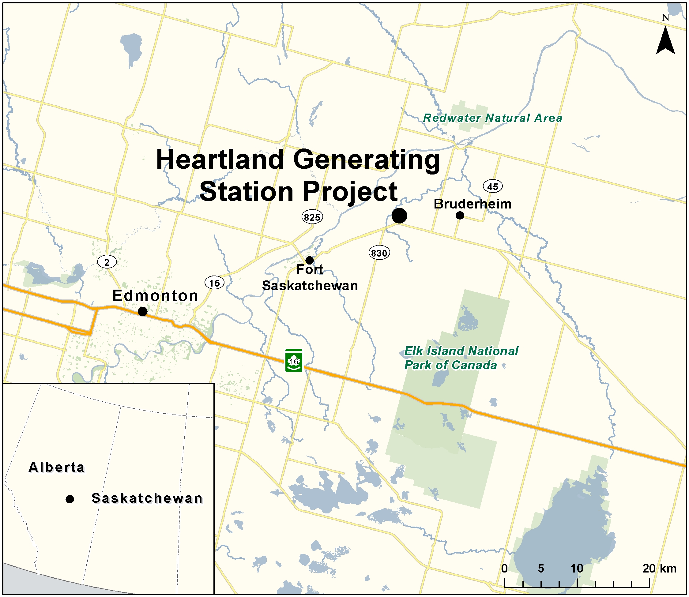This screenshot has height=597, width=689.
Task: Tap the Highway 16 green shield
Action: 294,360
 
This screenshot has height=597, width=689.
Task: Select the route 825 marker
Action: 312,217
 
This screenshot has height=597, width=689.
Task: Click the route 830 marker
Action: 379,253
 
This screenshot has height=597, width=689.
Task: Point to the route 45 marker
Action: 493,186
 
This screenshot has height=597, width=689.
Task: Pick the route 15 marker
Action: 214,283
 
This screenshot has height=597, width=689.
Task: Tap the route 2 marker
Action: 107,262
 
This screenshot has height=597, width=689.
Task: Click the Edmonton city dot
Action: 143,311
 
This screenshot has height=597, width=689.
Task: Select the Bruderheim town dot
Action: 460,215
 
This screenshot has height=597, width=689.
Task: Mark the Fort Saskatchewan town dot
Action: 310,260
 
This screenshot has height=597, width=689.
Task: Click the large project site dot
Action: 399,216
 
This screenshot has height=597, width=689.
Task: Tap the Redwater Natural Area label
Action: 492,118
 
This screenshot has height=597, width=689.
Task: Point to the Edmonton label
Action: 155,295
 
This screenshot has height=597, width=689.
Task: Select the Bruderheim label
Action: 473,204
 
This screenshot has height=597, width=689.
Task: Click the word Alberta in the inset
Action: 57,467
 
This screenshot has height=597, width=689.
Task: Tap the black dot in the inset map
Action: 70,499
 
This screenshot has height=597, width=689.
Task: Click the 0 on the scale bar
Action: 504,568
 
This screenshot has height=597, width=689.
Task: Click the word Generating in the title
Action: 367,160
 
